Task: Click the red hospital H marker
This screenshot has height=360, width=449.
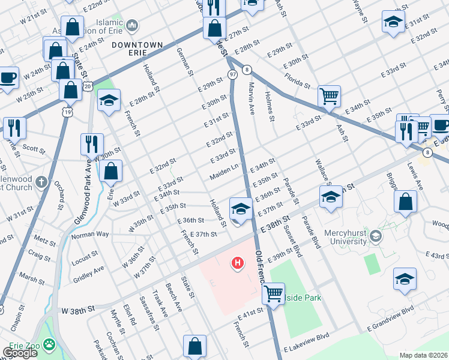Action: click(x=238, y=263)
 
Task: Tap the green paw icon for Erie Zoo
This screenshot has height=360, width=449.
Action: click(x=48, y=346)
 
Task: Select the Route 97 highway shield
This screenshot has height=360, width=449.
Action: click(x=232, y=73)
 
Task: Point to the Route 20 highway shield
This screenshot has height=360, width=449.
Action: click(x=88, y=86)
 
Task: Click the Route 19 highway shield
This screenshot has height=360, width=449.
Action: click(x=67, y=112)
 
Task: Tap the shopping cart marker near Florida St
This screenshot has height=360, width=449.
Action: click(x=330, y=96)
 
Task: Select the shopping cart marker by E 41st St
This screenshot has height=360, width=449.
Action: click(x=274, y=295)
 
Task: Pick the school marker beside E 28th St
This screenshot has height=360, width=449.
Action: click(x=109, y=101)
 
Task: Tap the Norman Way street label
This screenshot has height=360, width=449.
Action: click(x=90, y=233)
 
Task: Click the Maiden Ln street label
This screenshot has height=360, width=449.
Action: click(x=224, y=175)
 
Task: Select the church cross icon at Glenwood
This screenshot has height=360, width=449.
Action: click(x=40, y=181)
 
